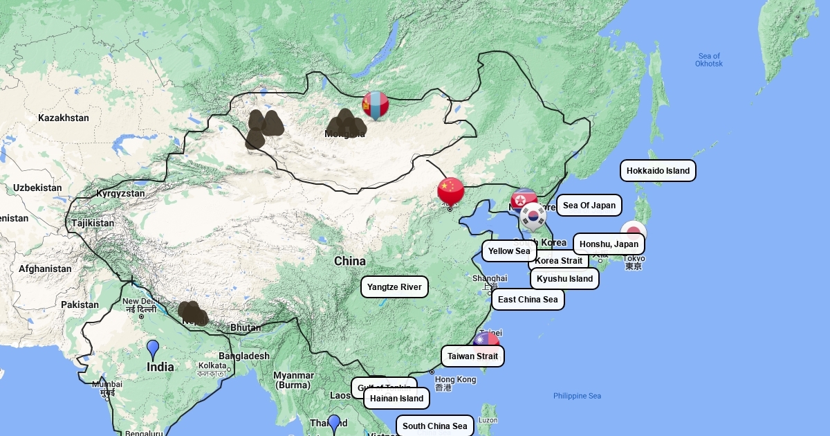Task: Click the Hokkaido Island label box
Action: (658, 170)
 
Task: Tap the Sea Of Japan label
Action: (589, 206)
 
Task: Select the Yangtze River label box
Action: (394, 287)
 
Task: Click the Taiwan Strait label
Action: (472, 356)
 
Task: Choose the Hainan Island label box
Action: (396, 399)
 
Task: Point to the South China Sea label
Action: (434, 426)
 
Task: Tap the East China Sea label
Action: (528, 300)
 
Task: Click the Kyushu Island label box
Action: (564, 279)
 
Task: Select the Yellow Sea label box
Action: (509, 251)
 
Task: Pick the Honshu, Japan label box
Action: (609, 244)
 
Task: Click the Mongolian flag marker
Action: (376, 105)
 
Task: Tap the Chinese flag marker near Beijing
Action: (450, 191)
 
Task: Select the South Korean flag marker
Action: (533, 216)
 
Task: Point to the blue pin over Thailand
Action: (334, 423)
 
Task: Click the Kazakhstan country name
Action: (64, 118)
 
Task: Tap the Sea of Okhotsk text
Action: (709, 60)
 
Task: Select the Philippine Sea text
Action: (577, 396)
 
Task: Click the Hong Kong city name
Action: (455, 379)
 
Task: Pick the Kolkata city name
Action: (212, 365)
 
